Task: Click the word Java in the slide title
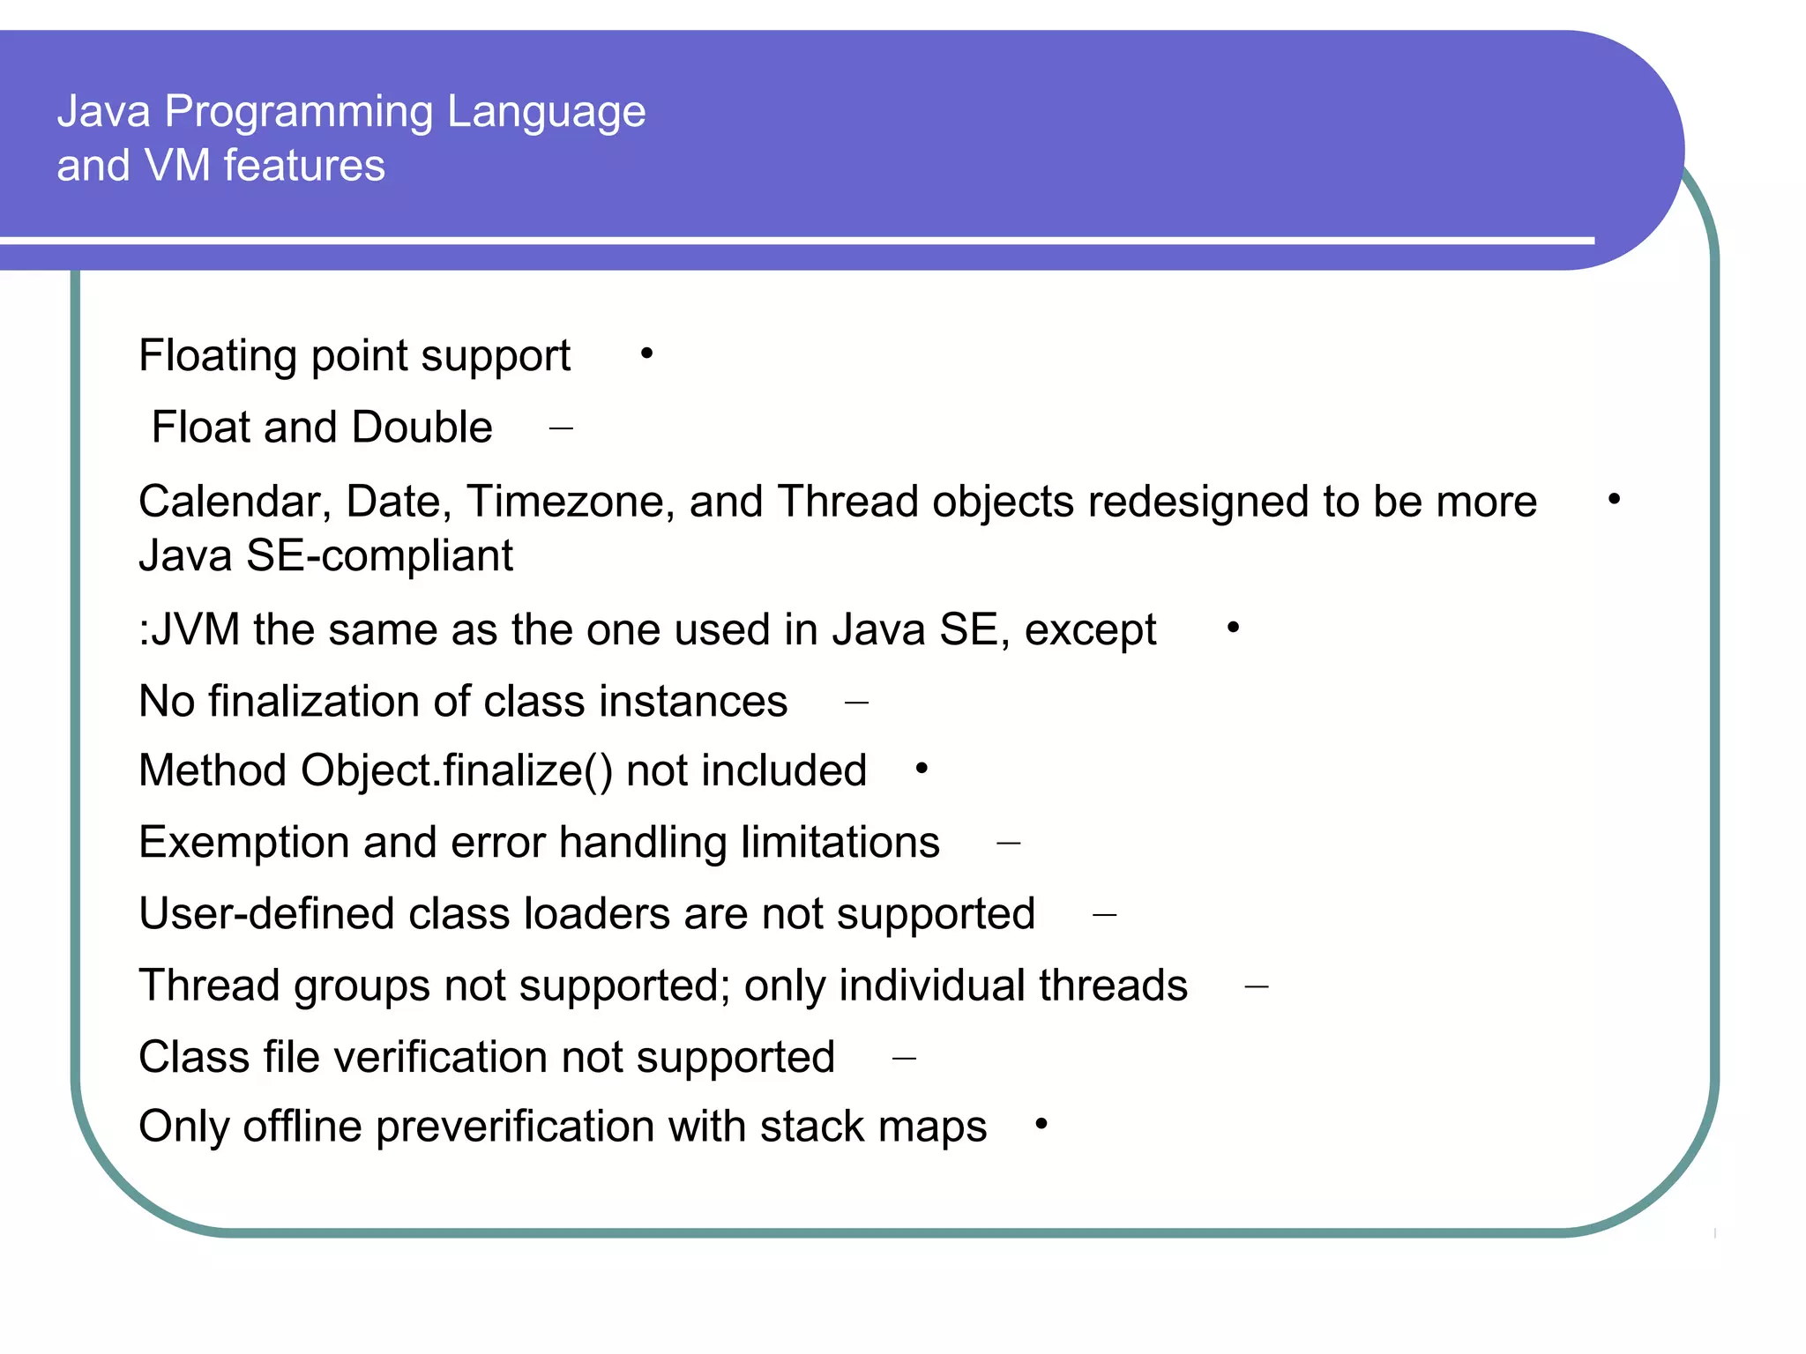pyautogui.click(x=103, y=112)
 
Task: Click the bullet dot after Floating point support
pyautogui.click(x=646, y=353)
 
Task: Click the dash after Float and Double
pyautogui.click(x=561, y=429)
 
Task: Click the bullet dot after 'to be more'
pyautogui.click(x=1614, y=500)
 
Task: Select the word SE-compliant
pyautogui.click(x=379, y=556)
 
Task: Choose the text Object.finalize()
pyautogui.click(x=456, y=771)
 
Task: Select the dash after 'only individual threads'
pyautogui.click(x=1257, y=987)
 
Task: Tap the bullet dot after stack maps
pyautogui.click(x=1041, y=1124)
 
